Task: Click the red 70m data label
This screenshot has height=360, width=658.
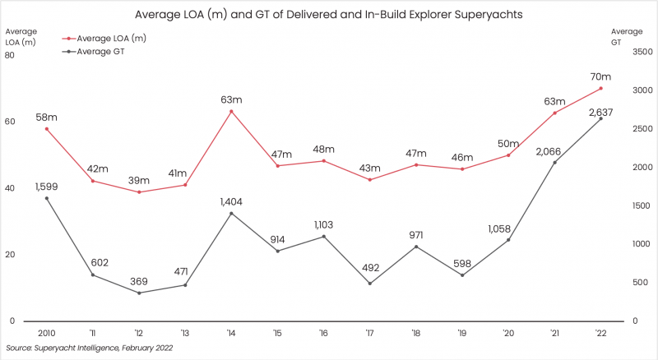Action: pyautogui.click(x=600, y=73)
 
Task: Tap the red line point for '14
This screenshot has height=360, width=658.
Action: pyautogui.click(x=231, y=111)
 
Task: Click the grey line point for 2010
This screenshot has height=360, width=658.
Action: pyautogui.click(x=46, y=198)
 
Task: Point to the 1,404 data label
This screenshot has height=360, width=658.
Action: pyautogui.click(x=231, y=200)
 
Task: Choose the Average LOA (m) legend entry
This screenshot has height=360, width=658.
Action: pyautogui.click(x=107, y=39)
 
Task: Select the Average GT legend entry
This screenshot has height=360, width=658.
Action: pyautogui.click(x=98, y=51)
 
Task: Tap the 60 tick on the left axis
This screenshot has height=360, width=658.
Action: pyautogui.click(x=10, y=122)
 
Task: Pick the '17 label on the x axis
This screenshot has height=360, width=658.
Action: pyautogui.click(x=369, y=333)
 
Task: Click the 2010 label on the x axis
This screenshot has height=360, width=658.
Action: pyautogui.click(x=46, y=333)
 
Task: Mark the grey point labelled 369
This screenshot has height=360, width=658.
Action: pyautogui.click(x=139, y=293)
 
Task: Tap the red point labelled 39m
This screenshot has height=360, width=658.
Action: pyautogui.click(x=139, y=192)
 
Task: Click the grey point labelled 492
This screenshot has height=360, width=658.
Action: pyautogui.click(x=369, y=284)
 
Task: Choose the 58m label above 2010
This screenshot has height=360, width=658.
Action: pyautogui.click(x=46, y=117)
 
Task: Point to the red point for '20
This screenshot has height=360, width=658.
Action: pyautogui.click(x=508, y=155)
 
